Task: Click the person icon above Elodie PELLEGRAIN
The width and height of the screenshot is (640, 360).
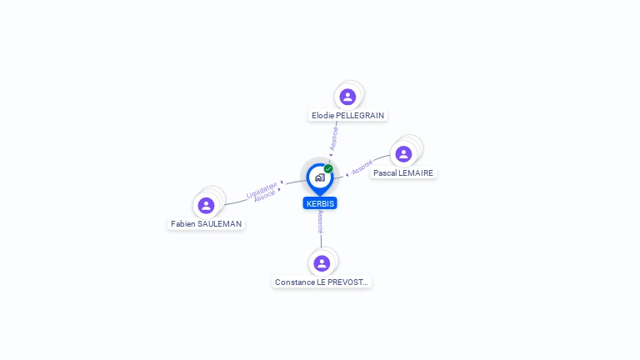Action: [x=347, y=97]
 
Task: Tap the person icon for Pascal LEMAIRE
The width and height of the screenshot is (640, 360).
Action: [x=403, y=154]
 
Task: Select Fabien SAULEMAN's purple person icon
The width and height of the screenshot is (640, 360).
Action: [x=206, y=205]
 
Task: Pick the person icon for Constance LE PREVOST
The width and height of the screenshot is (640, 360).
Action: [x=322, y=263]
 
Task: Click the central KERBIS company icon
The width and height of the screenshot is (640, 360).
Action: [x=319, y=177]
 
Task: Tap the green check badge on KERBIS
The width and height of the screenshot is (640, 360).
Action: [x=328, y=168]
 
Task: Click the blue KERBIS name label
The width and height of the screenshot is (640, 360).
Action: [x=320, y=203]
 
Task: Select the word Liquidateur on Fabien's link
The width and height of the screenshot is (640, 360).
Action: [x=262, y=191]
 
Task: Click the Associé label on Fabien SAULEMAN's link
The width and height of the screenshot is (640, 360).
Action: [x=265, y=197]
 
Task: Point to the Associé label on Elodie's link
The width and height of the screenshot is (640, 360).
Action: [x=333, y=137]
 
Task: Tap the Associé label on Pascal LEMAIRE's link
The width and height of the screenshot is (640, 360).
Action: [x=362, y=168]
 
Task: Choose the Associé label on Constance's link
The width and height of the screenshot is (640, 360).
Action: [x=320, y=222]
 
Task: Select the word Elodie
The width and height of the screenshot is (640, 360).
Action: [x=322, y=115]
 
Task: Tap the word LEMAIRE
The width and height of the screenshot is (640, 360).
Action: [x=416, y=172]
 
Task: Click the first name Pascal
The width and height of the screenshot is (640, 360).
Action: [x=385, y=172]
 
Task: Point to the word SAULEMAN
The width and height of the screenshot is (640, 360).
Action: [x=220, y=223]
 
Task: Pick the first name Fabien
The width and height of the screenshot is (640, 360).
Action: [x=183, y=223]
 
